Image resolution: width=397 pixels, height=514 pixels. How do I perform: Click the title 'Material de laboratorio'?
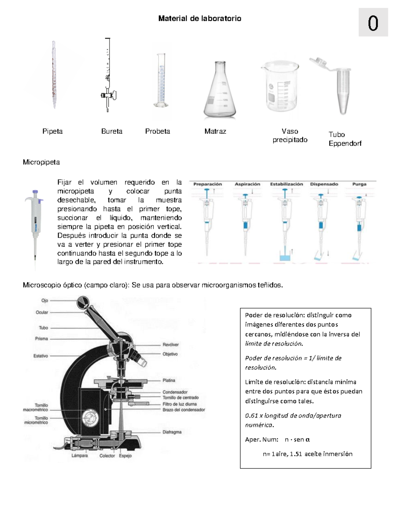[x=199, y=19]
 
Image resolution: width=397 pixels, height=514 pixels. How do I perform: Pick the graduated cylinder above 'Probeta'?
[x=161, y=81]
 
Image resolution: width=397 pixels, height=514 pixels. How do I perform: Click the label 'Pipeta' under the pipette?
[x=52, y=131]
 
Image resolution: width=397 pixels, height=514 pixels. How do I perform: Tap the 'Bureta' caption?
[x=111, y=131]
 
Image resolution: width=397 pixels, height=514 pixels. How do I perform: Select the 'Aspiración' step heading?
[x=247, y=184]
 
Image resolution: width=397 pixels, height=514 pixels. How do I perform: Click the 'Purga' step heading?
[x=359, y=184]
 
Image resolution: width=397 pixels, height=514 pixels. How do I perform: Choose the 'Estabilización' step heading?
[x=287, y=184]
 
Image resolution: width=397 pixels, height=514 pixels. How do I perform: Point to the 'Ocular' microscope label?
[x=42, y=312]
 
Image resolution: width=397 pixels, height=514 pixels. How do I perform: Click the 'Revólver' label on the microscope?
[x=170, y=345]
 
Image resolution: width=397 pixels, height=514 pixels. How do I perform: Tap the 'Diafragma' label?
[x=172, y=432]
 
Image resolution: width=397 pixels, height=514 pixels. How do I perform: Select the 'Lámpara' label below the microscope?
[x=80, y=456]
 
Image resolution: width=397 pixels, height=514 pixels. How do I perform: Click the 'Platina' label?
[x=169, y=380]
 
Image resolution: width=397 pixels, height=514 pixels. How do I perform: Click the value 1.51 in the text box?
[x=296, y=454]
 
